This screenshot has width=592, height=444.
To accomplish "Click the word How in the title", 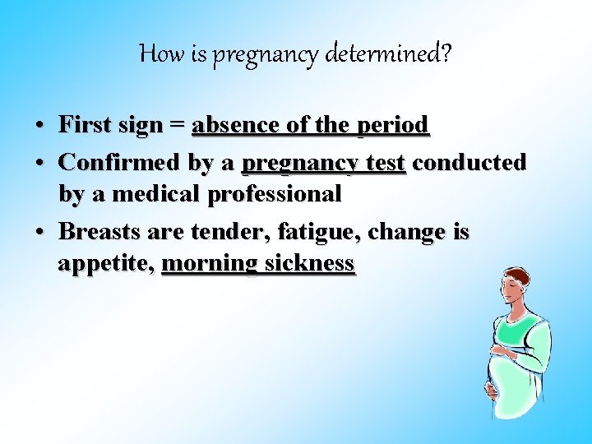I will pyautogui.click(x=157, y=54).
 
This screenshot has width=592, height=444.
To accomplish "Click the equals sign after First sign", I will pyautogui.click(x=176, y=126).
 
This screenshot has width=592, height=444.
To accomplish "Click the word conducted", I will pyautogui.click(x=469, y=163).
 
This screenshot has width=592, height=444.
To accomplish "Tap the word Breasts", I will pyautogui.click(x=100, y=232).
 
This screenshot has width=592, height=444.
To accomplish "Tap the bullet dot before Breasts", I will pyautogui.click(x=39, y=233).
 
